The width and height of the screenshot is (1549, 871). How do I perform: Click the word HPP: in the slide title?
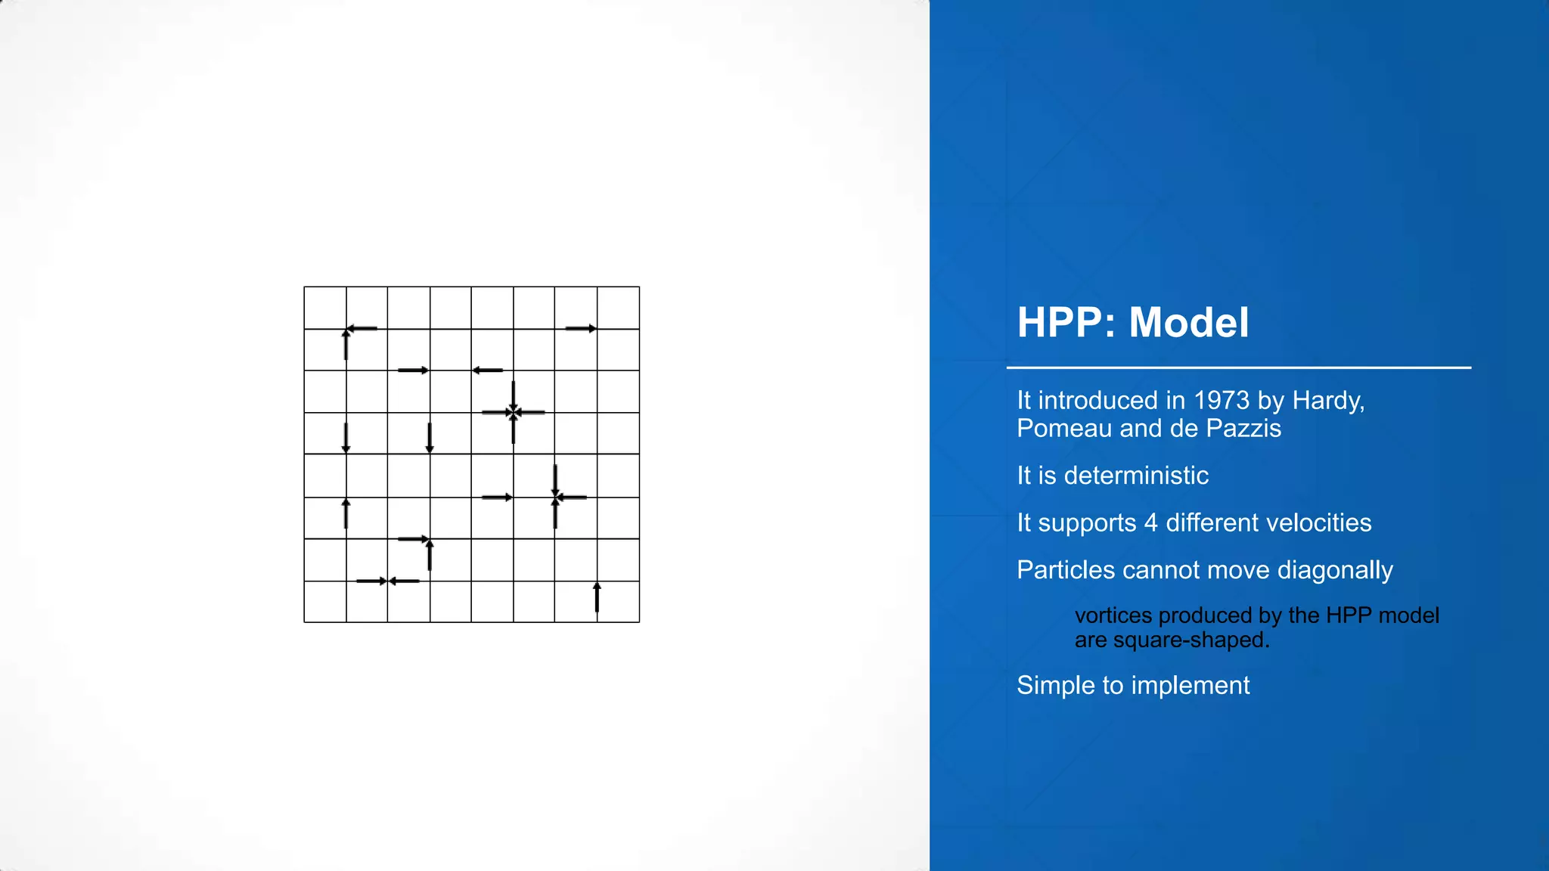(x=1066, y=323)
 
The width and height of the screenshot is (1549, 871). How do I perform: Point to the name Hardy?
(x=1327, y=400)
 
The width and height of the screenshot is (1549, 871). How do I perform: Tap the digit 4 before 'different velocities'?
(x=1150, y=522)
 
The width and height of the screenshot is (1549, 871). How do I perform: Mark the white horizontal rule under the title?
(x=1238, y=368)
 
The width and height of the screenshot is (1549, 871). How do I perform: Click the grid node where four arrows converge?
(x=514, y=412)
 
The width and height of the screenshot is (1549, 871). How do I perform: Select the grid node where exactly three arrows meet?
(x=556, y=497)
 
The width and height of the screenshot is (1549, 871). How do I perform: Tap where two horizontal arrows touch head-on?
(x=387, y=581)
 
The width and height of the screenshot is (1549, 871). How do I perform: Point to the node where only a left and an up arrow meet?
(x=346, y=329)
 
